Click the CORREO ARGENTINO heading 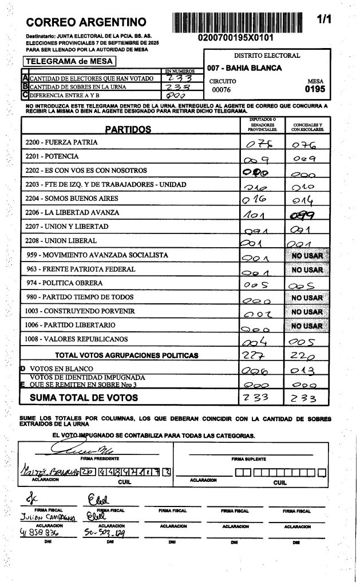tap(86, 23)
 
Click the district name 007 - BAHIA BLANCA tap(244, 68)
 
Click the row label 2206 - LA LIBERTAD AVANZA tap(72, 212)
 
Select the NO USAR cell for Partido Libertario tap(307, 326)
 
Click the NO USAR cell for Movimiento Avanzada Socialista tap(307, 255)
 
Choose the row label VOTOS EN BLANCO tap(57, 369)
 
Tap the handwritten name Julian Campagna tap(50, 517)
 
